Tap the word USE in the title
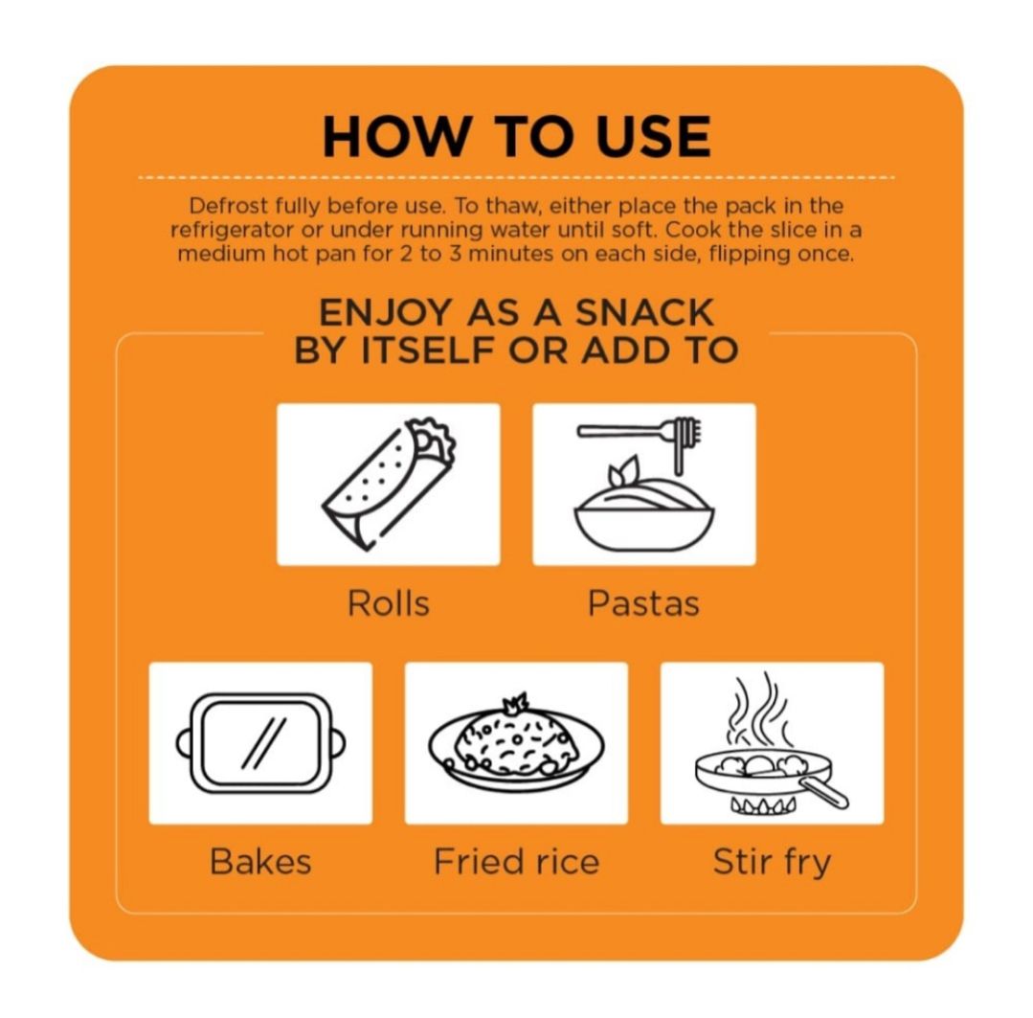[653, 136]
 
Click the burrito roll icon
[389, 485]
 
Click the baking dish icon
[261, 743]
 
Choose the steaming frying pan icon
[772, 743]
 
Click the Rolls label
[389, 603]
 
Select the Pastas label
[643, 603]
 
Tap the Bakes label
[261, 861]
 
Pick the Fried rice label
[517, 861]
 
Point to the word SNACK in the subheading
[645, 312]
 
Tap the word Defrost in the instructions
[229, 206]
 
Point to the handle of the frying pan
[824, 792]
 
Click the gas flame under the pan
[764, 805]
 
